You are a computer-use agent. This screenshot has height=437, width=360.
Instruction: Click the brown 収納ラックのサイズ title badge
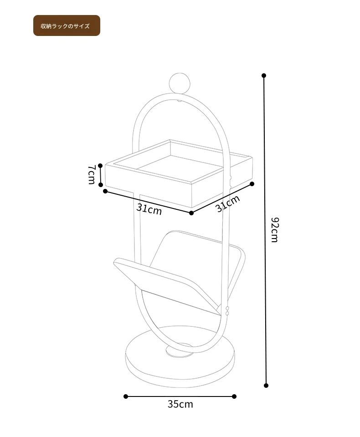tap(67, 25)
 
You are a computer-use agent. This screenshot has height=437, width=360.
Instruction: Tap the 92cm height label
tap(275, 230)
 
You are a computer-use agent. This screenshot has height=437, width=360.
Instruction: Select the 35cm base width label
tap(180, 404)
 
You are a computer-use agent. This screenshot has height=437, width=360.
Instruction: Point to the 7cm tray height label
tap(92, 175)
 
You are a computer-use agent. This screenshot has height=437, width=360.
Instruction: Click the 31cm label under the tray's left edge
tap(149, 209)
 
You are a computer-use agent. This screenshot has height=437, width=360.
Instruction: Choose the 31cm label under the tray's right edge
tap(228, 203)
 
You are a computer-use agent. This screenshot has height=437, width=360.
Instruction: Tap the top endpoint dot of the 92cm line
tap(264, 76)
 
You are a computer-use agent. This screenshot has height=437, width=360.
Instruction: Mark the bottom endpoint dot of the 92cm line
tap(266, 386)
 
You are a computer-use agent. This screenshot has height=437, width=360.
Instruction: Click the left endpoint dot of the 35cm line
tap(126, 396)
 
